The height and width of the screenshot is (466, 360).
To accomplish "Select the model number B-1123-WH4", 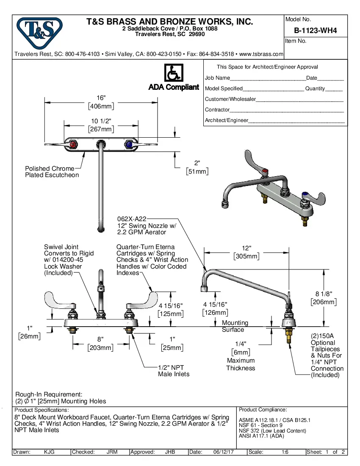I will pos(315,31).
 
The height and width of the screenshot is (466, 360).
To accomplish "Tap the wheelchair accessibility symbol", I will pos(173,73).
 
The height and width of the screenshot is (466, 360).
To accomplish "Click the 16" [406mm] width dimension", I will pos(101,102).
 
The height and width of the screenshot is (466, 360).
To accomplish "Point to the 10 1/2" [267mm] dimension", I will pos(101,125).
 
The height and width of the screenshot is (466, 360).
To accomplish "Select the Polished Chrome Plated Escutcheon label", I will pos(52,172).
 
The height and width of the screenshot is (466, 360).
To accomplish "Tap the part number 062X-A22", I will pos(132,219).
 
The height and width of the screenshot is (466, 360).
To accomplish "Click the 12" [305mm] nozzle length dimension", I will pos(246,252).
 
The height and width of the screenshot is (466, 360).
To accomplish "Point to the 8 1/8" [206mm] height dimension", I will pos(324,298).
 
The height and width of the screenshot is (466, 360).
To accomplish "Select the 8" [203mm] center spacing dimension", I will pos(100,344).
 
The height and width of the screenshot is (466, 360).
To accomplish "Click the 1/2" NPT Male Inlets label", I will pos(174,371).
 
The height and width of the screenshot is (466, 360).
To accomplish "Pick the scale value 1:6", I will pos(285,452).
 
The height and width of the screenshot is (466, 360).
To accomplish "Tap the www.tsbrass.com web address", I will pos(261,54).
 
